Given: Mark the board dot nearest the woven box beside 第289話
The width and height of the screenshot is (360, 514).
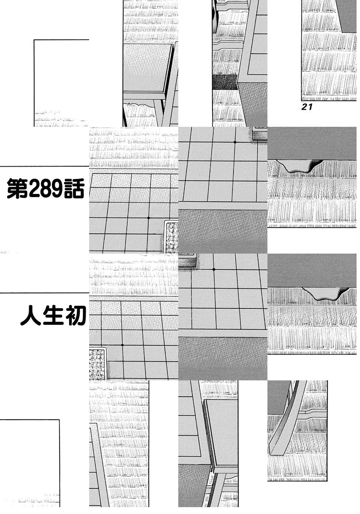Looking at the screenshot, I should (x=148, y=218).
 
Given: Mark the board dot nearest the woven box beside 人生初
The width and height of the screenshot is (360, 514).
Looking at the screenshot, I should (x=122, y=345).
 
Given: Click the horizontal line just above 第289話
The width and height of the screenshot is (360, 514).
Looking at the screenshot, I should (x=43, y=166).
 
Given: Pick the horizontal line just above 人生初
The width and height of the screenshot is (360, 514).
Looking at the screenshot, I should (x=43, y=293).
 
